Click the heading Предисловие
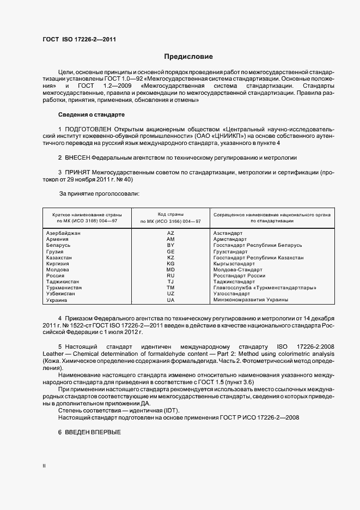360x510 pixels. [x=188, y=57]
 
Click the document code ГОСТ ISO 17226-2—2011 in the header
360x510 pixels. [x=79, y=39]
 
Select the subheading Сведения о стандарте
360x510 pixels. [x=91, y=115]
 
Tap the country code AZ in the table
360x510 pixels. [x=170, y=233]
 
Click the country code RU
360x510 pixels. [x=170, y=276]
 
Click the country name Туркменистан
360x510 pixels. [x=65, y=288]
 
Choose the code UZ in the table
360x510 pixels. [x=170, y=294]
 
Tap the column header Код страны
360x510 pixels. [x=170, y=214]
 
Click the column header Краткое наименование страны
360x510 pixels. [x=87, y=215]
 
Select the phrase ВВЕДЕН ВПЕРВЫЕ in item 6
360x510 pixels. [x=92, y=432]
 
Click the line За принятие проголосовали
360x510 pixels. [x=100, y=193]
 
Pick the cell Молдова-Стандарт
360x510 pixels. [x=238, y=270]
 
